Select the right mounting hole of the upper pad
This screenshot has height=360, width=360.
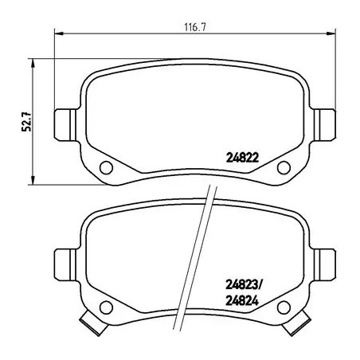283,166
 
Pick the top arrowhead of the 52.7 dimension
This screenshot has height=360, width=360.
33,58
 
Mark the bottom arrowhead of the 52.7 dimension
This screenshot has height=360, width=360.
33,179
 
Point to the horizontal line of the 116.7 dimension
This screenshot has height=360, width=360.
119,33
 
